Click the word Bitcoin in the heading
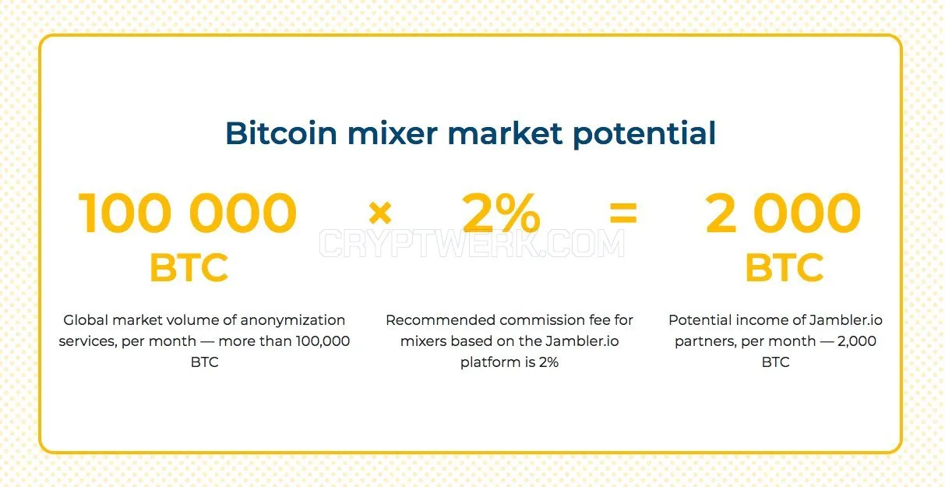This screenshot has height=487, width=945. pos(281,133)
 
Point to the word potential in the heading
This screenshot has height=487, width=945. pos(644,135)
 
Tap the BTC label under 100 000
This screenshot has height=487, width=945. pos(189,267)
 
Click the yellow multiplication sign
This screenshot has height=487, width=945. pos(380,213)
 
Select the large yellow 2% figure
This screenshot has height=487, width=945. pos(501,212)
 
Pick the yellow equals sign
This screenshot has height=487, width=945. pos(623,212)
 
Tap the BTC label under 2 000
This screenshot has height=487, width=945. pos(785,267)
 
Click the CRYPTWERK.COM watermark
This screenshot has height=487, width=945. pos(471,243)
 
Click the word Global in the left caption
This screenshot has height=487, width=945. pos(86,320)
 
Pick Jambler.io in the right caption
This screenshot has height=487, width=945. pos(846,320)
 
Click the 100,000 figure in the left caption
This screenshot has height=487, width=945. pos(323,341)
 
